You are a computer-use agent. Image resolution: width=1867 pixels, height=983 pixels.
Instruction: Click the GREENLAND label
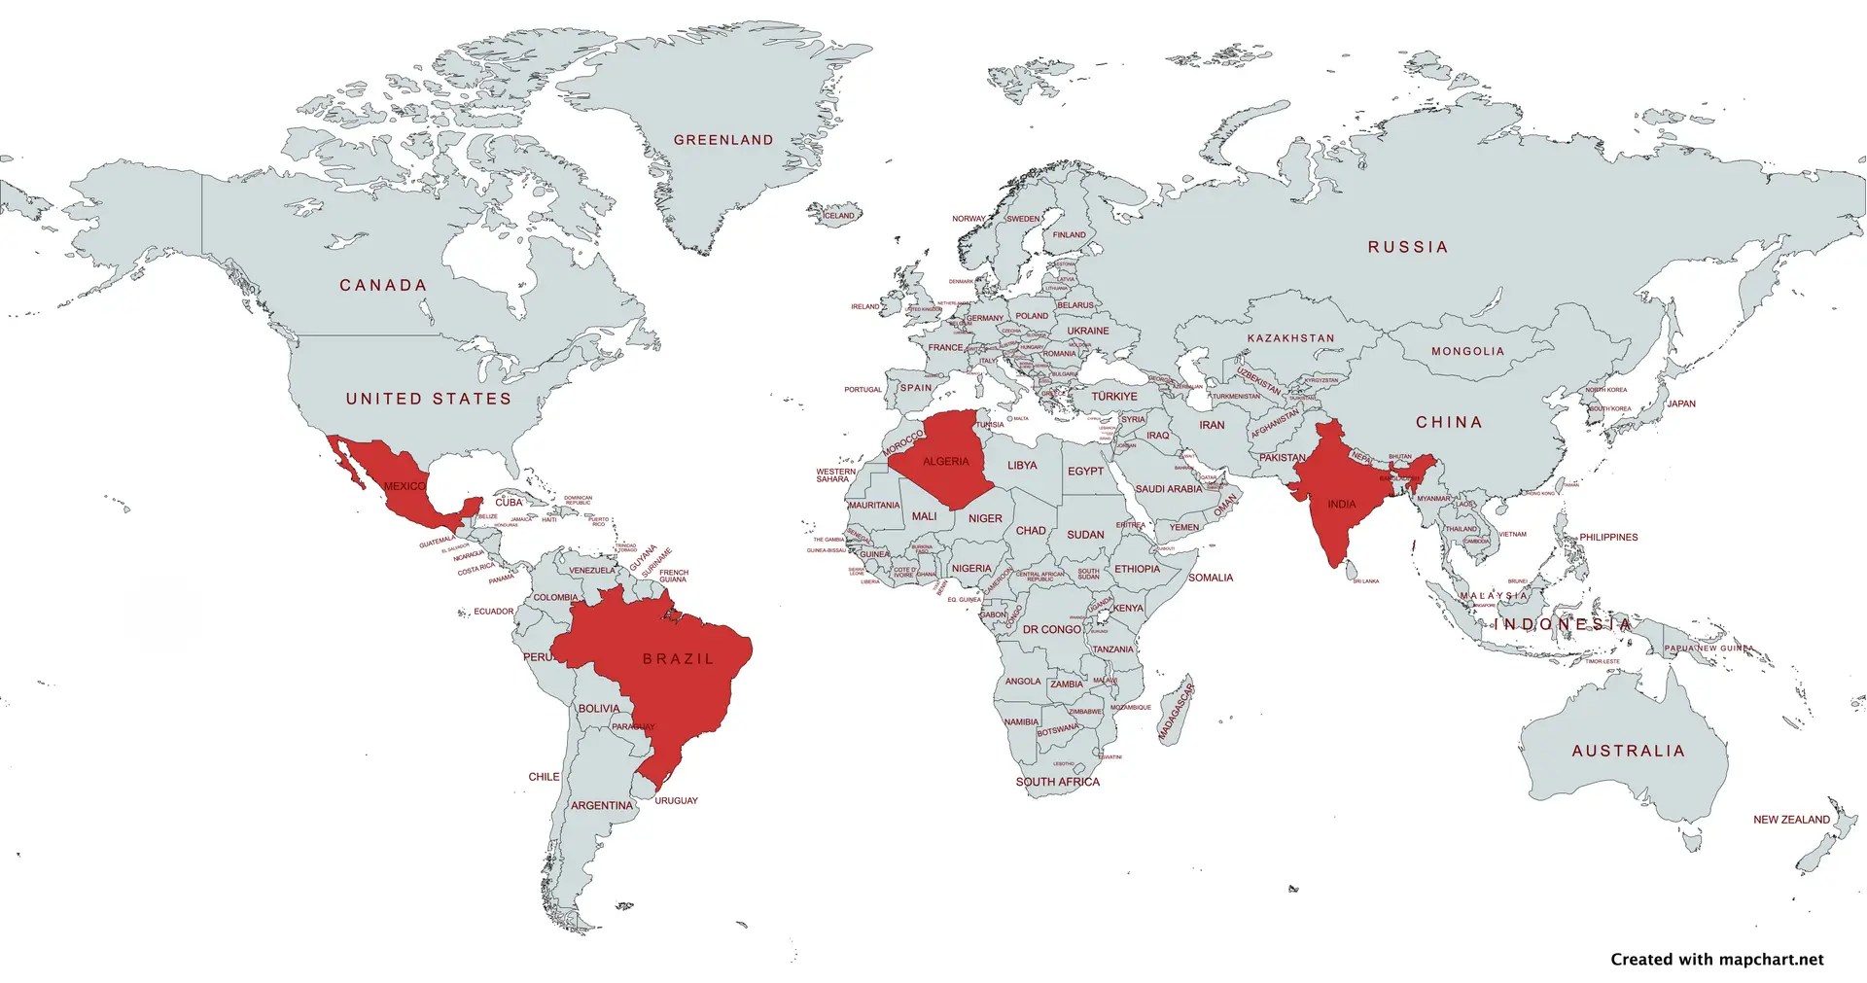pyautogui.click(x=723, y=140)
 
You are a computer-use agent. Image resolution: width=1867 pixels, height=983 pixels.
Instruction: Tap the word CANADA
pyautogui.click(x=383, y=285)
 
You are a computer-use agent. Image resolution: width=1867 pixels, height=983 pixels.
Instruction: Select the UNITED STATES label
pyautogui.click(x=429, y=399)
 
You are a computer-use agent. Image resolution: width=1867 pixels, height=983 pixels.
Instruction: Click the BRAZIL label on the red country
pyautogui.click(x=679, y=659)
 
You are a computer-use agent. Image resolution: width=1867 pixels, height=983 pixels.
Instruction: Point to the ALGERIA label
pyautogui.click(x=945, y=462)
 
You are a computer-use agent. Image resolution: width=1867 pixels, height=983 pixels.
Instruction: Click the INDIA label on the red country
pyautogui.click(x=1341, y=505)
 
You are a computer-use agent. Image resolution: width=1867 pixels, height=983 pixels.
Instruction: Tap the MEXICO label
pyautogui.click(x=405, y=486)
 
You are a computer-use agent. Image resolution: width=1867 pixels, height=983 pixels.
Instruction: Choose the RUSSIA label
pyautogui.click(x=1408, y=247)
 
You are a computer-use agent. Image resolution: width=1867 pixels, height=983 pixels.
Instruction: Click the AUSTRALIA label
pyautogui.click(x=1628, y=751)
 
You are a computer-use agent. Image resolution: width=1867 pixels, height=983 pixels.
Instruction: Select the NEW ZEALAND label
pyautogui.click(x=1791, y=820)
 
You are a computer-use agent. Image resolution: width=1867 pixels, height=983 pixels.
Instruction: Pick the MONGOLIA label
pyautogui.click(x=1467, y=351)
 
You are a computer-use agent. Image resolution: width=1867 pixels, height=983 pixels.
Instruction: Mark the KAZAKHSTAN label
pyautogui.click(x=1290, y=338)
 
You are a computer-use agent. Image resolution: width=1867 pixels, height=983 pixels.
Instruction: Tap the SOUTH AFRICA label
pyautogui.click(x=1058, y=782)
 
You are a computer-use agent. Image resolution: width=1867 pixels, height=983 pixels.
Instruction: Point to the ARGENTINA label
pyautogui.click(x=601, y=805)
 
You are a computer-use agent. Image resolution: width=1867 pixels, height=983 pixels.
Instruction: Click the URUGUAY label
pyautogui.click(x=676, y=801)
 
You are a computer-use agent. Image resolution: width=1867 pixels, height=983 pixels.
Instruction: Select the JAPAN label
pyautogui.click(x=1680, y=404)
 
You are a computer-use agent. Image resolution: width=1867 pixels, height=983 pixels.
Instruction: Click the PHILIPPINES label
pyautogui.click(x=1608, y=537)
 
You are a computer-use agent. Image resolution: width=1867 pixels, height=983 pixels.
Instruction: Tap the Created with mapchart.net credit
pyautogui.click(x=1717, y=960)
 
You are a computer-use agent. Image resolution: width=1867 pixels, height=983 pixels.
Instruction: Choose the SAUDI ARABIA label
pyautogui.click(x=1168, y=489)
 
